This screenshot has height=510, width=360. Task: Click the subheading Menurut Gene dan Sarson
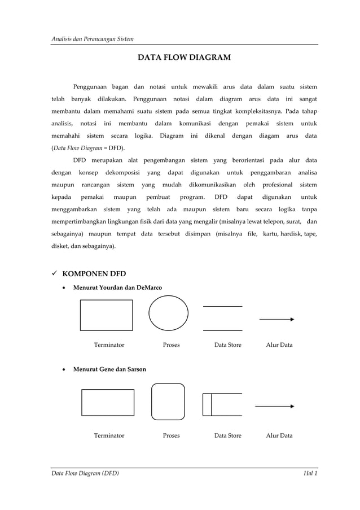click(x=109, y=369)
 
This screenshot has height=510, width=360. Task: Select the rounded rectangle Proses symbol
click(x=168, y=402)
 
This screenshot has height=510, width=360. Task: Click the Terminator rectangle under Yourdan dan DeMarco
click(x=106, y=315)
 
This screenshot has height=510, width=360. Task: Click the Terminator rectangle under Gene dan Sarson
click(x=108, y=402)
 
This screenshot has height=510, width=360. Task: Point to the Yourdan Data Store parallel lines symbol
click(x=222, y=318)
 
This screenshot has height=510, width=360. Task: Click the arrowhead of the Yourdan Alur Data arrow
click(x=292, y=319)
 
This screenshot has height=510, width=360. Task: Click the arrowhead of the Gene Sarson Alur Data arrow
click(x=292, y=406)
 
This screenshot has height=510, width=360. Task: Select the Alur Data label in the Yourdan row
click(x=279, y=345)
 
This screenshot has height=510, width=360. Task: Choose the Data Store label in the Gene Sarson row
click(x=227, y=435)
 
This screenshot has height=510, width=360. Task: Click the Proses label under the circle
click(x=171, y=345)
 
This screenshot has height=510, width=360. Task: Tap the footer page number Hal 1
click(x=310, y=473)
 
